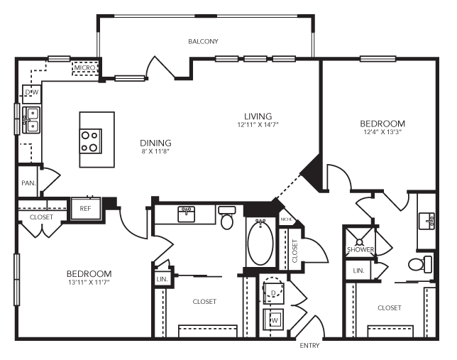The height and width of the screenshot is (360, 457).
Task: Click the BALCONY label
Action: point(203,42)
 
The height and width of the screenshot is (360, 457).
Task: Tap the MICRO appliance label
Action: point(86,69)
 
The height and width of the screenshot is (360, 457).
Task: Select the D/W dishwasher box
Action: point(31,93)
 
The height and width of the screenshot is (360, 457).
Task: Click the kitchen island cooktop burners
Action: point(91,141)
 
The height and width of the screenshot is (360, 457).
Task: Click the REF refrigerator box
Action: point(85,209)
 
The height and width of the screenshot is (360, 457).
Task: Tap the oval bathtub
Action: point(260,242)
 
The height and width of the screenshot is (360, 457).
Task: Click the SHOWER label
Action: point(360,249)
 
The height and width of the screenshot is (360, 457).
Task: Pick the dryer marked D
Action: point(273,292)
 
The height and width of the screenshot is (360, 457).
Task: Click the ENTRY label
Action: point(310,346)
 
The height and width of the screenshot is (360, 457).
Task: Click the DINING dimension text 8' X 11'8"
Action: point(155,151)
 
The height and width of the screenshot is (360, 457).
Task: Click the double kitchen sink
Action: point(31,119)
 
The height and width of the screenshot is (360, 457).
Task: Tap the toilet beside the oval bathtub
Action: point(227,219)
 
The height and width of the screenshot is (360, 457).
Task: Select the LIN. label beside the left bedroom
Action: point(160,279)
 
